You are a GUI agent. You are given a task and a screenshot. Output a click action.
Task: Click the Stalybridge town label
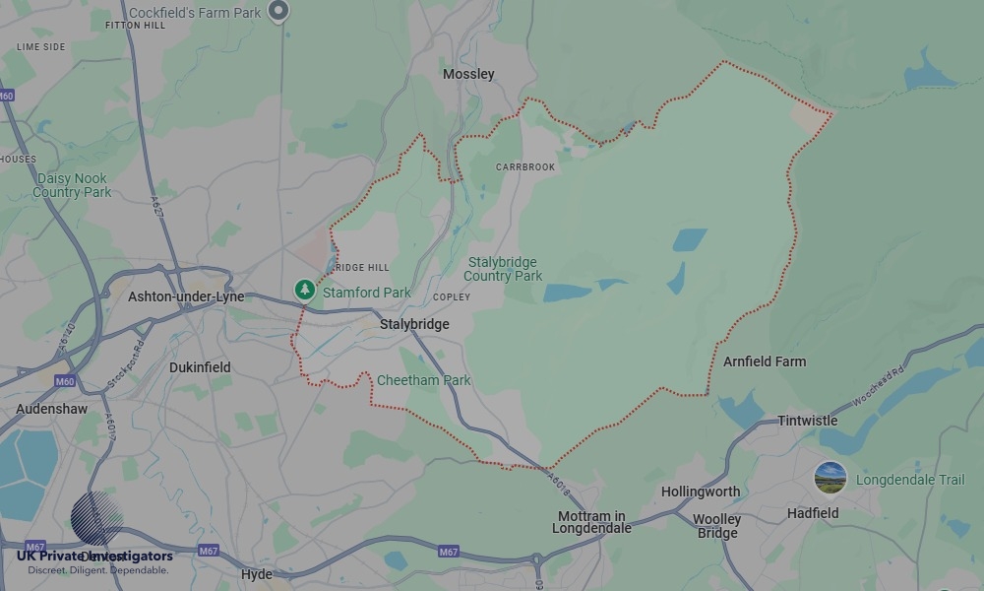[414, 324]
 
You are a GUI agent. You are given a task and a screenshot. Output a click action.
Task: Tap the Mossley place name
[468, 74]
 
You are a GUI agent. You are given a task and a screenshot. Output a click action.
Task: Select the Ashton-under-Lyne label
[186, 296]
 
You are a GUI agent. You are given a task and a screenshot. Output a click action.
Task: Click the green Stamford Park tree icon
[305, 290]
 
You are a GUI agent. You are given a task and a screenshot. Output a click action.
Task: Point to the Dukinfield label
[200, 367]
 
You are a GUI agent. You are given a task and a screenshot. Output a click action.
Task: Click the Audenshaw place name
[51, 409]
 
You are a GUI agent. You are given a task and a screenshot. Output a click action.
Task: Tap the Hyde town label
[257, 574]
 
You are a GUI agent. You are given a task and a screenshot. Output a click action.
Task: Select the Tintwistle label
[807, 421]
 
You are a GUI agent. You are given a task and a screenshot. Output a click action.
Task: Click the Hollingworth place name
[701, 492]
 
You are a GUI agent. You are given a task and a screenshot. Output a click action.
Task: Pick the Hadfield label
[813, 513]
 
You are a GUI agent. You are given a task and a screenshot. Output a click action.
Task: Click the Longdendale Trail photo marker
[830, 479]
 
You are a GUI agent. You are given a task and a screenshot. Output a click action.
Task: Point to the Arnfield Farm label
[765, 361]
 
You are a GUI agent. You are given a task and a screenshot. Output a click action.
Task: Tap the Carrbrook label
[525, 167]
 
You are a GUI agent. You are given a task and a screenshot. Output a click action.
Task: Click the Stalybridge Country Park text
[503, 269]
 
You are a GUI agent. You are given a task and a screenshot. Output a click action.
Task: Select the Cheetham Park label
[424, 380]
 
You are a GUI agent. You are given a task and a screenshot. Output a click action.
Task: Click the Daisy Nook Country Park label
[72, 185]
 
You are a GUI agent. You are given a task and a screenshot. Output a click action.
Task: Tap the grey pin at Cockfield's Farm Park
[279, 11]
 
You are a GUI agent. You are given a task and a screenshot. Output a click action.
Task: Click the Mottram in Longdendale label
[591, 522]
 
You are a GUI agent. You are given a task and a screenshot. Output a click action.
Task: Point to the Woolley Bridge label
[717, 526]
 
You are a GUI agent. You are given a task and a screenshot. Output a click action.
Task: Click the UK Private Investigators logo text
[94, 557]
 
